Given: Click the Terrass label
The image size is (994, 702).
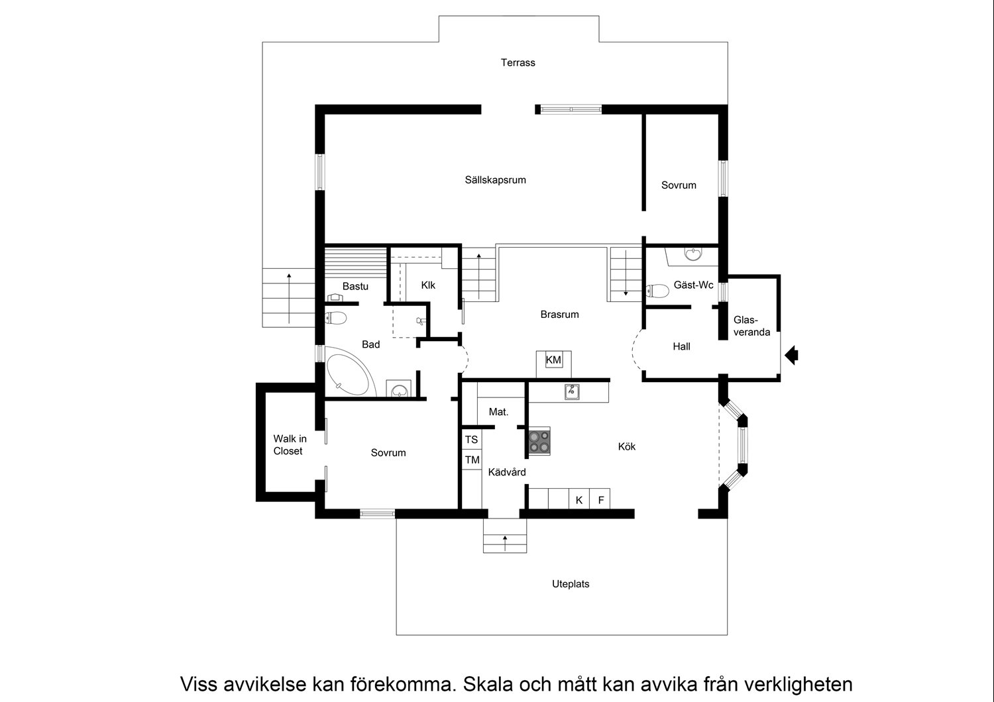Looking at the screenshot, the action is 518,62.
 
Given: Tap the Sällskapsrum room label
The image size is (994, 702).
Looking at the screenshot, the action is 495,180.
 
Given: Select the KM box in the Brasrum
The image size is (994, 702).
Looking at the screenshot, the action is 553,360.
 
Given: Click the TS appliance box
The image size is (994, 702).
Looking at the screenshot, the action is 472,440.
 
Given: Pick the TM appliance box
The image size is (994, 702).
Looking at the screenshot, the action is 472,460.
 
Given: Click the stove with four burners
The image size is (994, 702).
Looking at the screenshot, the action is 539,441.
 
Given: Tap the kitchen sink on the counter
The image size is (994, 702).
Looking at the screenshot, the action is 571,391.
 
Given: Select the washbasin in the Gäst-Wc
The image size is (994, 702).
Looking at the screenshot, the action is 693,254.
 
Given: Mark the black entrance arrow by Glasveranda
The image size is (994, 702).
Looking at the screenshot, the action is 791,355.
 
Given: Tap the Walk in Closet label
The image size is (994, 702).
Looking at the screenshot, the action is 290,445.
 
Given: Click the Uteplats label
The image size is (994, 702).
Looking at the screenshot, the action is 571,584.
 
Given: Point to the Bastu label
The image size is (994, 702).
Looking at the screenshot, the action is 355,287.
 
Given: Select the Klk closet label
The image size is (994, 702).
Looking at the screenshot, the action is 428,285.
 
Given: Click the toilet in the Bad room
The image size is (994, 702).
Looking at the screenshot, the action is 335,317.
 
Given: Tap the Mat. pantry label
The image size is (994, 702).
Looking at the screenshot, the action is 498,412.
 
